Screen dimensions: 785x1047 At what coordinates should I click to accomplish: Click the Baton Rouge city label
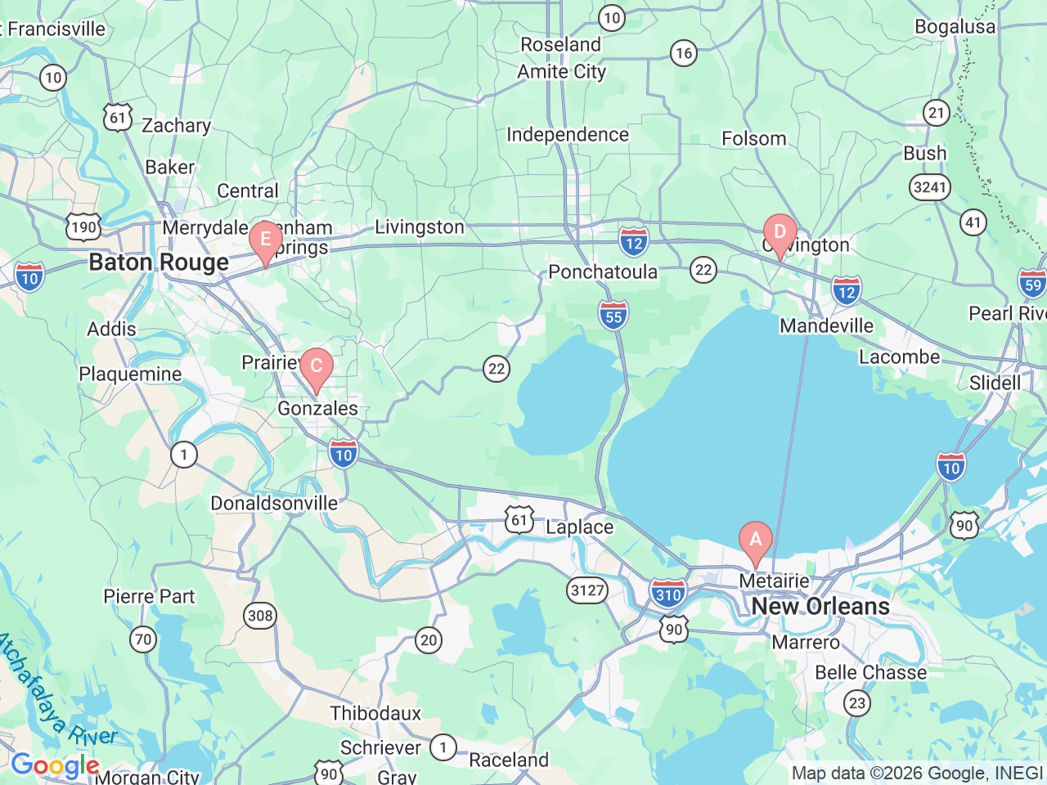pyautogui.click(x=159, y=262)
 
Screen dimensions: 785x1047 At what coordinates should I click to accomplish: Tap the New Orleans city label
pyautogui.click(x=820, y=607)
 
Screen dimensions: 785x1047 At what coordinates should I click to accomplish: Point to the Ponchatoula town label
pyautogui.click(x=603, y=272)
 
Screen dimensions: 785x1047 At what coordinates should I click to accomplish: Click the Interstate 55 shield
pyautogui.click(x=613, y=315)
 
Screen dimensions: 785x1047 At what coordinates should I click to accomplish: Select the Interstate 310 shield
pyautogui.click(x=667, y=593)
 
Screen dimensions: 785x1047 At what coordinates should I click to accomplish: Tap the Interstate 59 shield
pyautogui.click(x=1032, y=283)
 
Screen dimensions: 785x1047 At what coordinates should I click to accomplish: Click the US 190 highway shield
pyautogui.click(x=83, y=227)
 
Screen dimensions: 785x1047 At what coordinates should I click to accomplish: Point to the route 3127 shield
pyautogui.click(x=587, y=590)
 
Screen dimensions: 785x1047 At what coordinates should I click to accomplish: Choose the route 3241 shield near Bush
pyautogui.click(x=930, y=187)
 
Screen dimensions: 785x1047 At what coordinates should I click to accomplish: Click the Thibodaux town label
pyautogui.click(x=375, y=714)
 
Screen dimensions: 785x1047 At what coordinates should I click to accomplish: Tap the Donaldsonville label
pyautogui.click(x=274, y=504)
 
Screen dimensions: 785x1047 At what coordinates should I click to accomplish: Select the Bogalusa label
pyautogui.click(x=955, y=27)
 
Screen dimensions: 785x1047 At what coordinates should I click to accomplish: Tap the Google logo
pyautogui.click(x=54, y=766)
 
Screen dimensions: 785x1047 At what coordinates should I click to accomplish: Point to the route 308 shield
pyautogui.click(x=260, y=616)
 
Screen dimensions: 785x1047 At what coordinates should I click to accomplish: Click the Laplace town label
pyautogui.click(x=579, y=527)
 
